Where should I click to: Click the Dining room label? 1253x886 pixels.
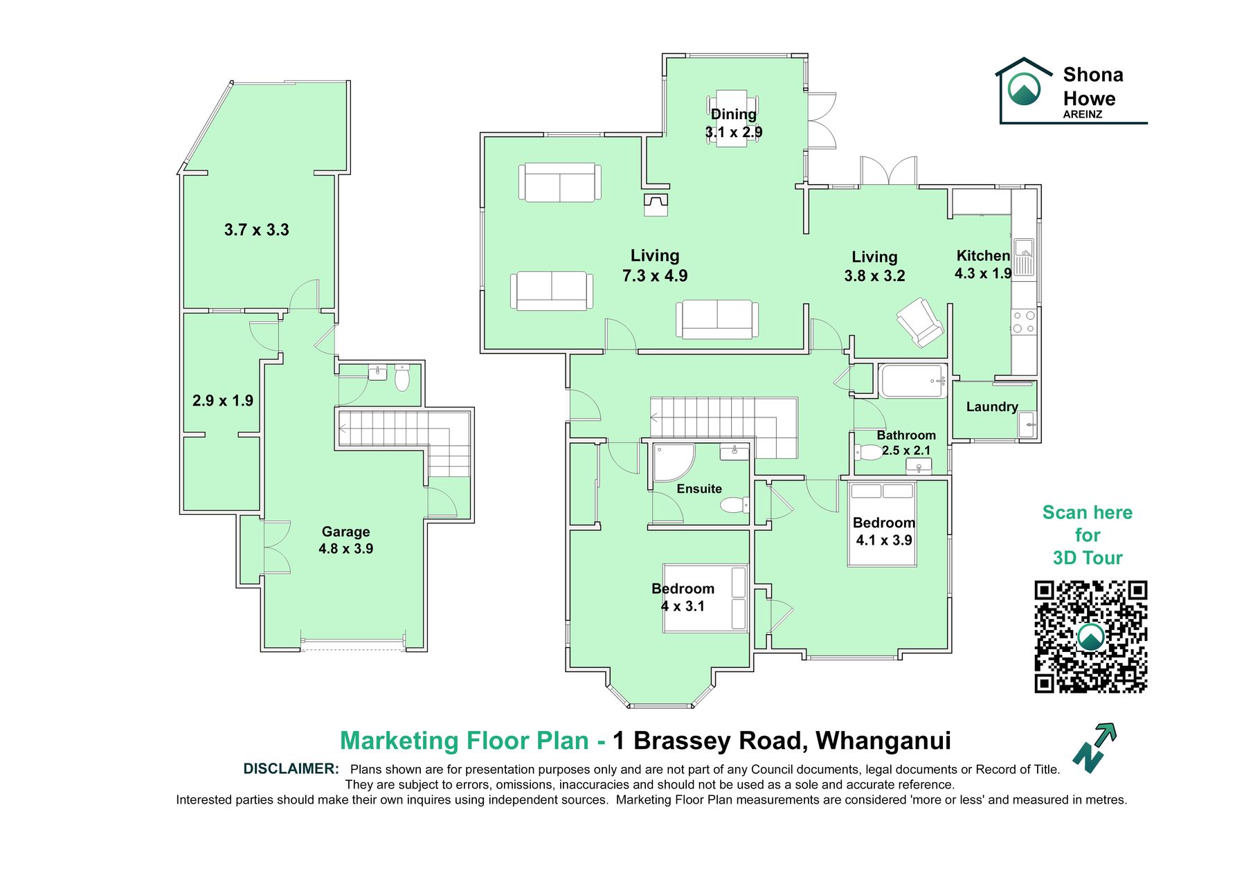(x=734, y=114)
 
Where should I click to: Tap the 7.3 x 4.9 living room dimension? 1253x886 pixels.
(x=655, y=275)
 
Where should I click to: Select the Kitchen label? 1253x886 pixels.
(x=983, y=255)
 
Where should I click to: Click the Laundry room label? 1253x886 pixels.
(x=992, y=407)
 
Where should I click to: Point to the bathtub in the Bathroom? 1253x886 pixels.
(x=913, y=381)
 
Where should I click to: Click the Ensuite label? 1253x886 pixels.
(x=699, y=489)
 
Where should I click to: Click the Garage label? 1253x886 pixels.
(x=346, y=532)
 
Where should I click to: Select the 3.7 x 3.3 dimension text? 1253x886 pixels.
(x=257, y=230)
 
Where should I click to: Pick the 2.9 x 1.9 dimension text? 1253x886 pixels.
(x=223, y=401)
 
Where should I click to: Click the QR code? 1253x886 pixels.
(x=1090, y=637)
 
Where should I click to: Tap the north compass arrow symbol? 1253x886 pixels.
(x=1095, y=748)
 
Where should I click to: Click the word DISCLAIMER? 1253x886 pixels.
(x=291, y=769)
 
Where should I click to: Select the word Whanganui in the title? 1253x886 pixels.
(x=883, y=741)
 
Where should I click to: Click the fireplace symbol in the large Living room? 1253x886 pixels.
(x=656, y=205)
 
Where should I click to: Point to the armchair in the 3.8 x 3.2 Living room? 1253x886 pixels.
(x=920, y=322)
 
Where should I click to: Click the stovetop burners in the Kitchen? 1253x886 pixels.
(x=1024, y=322)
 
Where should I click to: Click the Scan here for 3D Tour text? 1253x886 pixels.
(x=1088, y=535)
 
